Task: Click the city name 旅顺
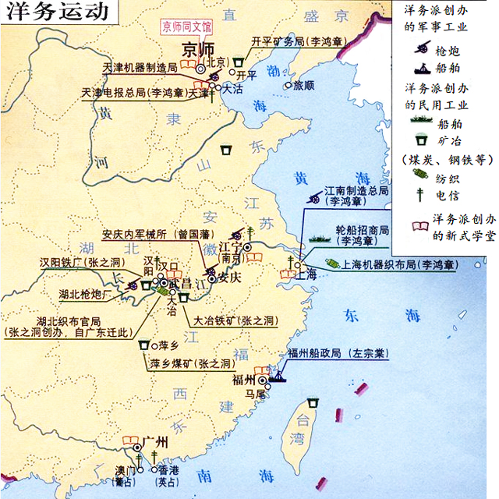tap(303, 86)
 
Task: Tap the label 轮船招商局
tap(361, 230)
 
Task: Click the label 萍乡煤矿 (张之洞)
tap(192, 363)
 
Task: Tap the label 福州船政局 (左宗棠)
tap(338, 352)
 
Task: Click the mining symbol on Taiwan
tap(313, 402)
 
